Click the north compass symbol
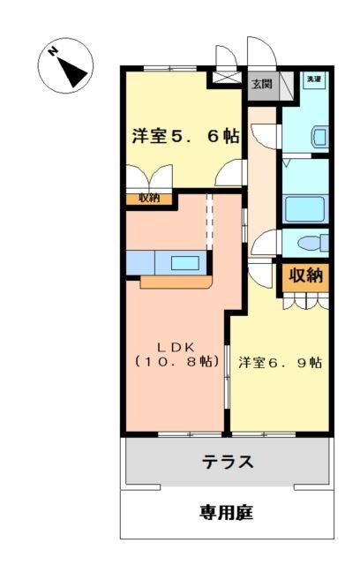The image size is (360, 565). click(x=66, y=65)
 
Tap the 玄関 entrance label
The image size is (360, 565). click(x=261, y=84)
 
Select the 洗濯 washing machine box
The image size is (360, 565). click(x=313, y=80)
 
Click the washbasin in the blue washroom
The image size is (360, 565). click(x=319, y=137)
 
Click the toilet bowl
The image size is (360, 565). click(x=308, y=243)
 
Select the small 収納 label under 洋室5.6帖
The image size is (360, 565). click(x=148, y=198)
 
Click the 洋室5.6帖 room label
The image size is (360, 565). click(x=184, y=136)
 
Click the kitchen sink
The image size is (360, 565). click(x=185, y=262)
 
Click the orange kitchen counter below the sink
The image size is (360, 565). click(x=176, y=282)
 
